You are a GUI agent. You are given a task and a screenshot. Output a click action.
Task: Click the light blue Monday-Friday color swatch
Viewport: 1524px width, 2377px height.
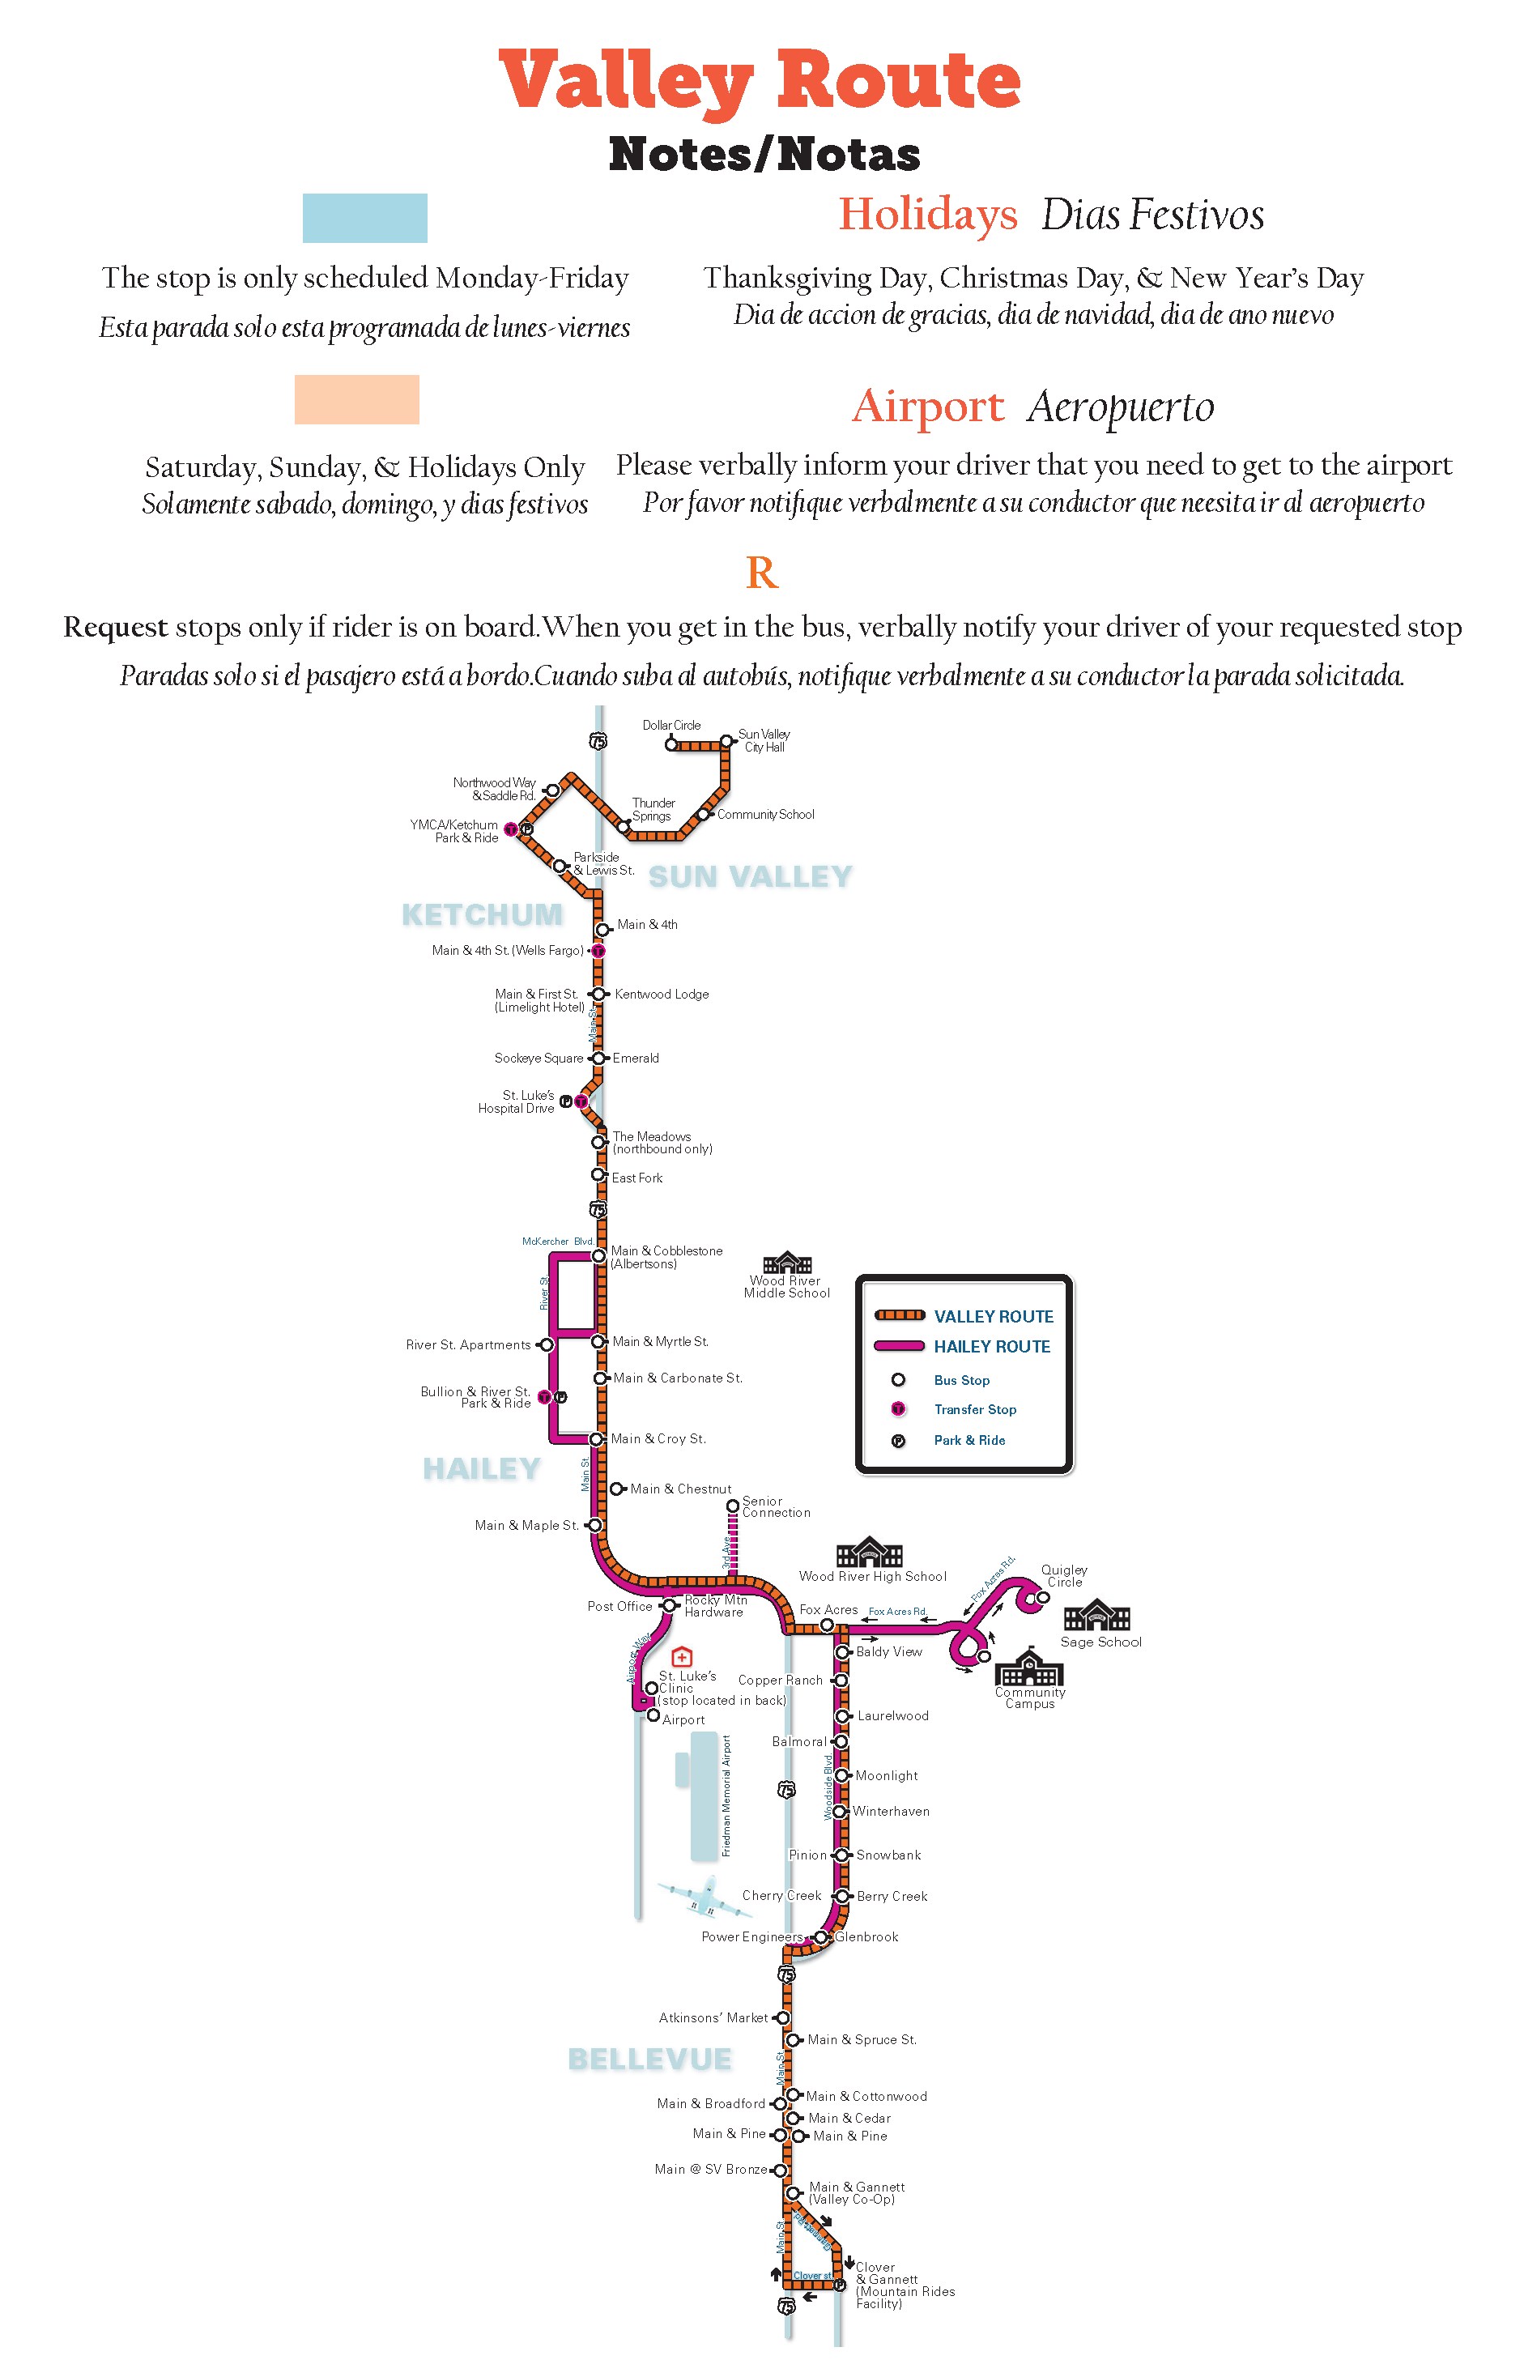364,218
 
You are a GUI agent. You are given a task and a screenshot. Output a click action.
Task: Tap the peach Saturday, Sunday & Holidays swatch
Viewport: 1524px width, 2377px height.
356,400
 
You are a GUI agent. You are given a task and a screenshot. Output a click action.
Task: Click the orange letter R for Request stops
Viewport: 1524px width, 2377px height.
761,573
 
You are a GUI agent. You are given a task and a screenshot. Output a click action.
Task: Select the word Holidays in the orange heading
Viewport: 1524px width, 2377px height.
927,214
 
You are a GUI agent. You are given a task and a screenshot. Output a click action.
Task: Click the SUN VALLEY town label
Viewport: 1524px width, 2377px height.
750,877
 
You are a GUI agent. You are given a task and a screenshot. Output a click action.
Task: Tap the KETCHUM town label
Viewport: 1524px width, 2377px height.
482,914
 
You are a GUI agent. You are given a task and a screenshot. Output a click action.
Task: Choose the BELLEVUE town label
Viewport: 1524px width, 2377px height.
649,2060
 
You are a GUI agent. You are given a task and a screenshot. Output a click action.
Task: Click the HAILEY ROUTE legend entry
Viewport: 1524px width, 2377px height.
992,1347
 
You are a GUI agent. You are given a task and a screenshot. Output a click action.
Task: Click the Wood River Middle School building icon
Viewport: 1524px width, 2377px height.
787,1263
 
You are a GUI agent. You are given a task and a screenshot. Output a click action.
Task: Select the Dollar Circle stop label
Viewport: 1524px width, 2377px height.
671,726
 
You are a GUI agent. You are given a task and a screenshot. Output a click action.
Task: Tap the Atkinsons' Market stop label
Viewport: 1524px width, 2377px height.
713,2017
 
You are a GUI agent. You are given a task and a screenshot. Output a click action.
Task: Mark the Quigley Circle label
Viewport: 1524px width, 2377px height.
1064,1576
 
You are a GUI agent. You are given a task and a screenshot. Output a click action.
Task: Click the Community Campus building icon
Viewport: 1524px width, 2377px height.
1029,1668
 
